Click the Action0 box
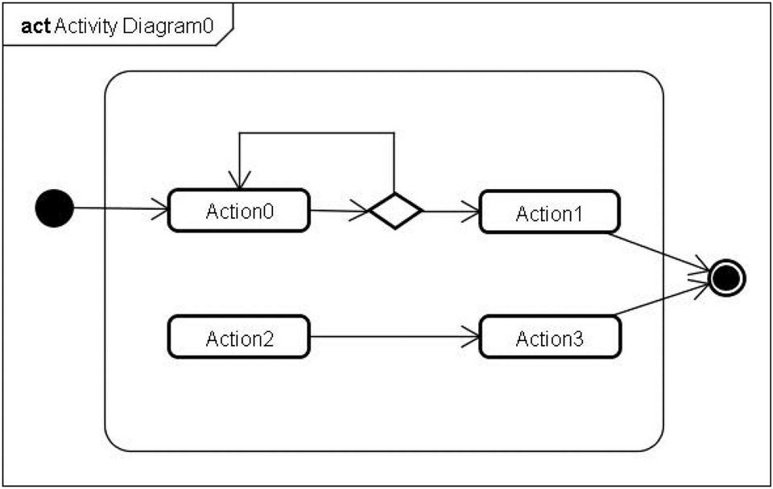click(238, 210)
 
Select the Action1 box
click(549, 212)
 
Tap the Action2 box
click(238, 337)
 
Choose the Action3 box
click(550, 337)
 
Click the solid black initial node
click(54, 208)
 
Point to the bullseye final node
click(726, 278)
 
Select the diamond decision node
click(395, 211)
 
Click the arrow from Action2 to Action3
click(395, 337)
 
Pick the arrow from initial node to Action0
click(121, 208)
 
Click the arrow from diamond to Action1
click(451, 212)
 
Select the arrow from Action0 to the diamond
click(339, 211)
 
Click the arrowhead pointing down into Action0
click(239, 180)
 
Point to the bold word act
click(35, 26)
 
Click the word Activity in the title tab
click(86, 26)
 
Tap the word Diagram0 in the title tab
click(168, 26)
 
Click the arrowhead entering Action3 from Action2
click(471, 337)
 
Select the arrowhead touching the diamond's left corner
click(360, 212)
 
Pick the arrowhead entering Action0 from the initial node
click(159, 209)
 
